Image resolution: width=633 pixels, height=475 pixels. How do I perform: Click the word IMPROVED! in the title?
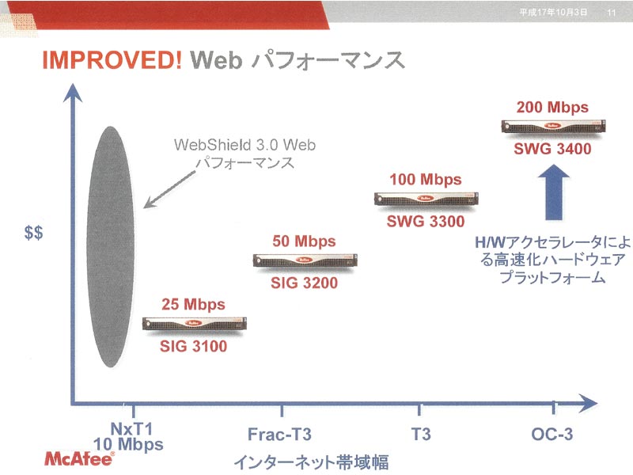click(x=112, y=60)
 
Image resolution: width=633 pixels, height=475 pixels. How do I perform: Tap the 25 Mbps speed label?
click(x=193, y=304)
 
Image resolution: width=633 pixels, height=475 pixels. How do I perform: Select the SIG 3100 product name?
click(x=193, y=346)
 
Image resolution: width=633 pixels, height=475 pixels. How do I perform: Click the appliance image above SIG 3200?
click(x=305, y=261)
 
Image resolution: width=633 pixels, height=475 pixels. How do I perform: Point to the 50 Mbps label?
click(x=304, y=241)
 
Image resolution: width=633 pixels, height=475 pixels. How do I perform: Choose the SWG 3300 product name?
click(x=426, y=222)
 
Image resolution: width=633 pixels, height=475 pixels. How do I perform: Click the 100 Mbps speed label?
click(x=426, y=180)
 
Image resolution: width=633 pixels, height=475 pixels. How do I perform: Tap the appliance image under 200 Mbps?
click(x=553, y=127)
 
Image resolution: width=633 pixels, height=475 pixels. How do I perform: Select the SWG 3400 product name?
click(x=552, y=149)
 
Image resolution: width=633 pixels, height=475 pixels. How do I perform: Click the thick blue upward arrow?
click(x=554, y=192)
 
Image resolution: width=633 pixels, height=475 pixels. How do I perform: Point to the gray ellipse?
click(x=110, y=247)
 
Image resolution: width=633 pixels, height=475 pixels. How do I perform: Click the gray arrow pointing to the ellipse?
click(x=170, y=189)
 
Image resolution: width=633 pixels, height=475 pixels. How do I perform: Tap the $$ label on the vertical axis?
click(x=33, y=233)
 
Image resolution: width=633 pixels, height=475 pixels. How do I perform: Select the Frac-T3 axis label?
click(x=279, y=435)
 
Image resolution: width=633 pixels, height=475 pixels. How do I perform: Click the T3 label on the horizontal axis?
click(x=421, y=435)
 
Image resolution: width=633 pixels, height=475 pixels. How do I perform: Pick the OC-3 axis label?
click(x=552, y=434)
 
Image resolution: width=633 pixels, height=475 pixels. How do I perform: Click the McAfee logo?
click(x=79, y=459)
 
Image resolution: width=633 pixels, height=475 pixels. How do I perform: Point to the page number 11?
click(x=611, y=13)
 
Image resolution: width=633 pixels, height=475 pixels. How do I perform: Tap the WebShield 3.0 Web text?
click(x=244, y=145)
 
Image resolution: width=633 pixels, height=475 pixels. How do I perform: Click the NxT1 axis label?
click(x=131, y=428)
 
